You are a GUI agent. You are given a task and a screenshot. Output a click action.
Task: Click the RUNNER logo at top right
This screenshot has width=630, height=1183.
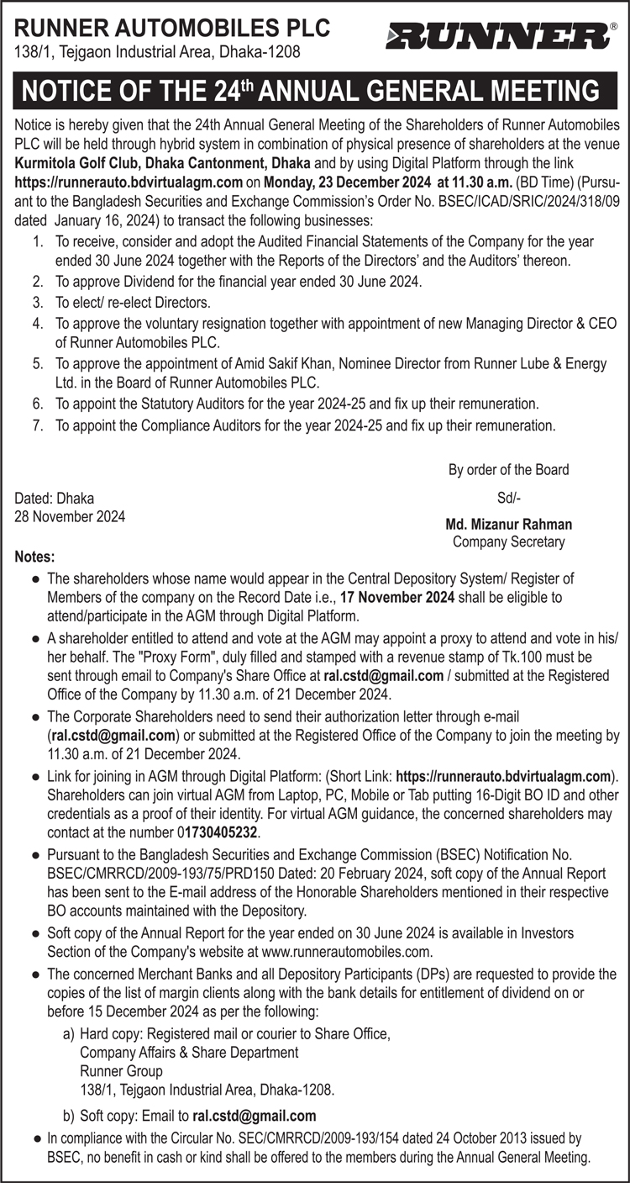coord(499,36)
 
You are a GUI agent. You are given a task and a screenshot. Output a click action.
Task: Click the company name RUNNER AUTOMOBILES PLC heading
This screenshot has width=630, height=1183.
coord(173,29)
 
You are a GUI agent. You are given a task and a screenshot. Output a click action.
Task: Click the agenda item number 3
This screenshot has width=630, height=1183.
coord(38,302)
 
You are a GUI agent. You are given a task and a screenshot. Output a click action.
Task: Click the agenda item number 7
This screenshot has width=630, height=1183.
coord(38,425)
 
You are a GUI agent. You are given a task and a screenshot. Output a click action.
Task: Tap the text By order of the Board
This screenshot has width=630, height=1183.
coord(508,470)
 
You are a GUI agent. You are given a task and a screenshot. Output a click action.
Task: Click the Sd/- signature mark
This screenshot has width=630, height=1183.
coord(509,498)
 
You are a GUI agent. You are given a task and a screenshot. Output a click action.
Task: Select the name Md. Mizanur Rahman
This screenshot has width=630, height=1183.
coord(509,525)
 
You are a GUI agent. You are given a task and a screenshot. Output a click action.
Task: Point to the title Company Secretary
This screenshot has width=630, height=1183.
coord(509,542)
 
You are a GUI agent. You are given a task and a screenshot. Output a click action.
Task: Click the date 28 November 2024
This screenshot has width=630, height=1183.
coord(70,517)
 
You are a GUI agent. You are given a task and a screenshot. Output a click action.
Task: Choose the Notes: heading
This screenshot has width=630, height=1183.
coord(35,557)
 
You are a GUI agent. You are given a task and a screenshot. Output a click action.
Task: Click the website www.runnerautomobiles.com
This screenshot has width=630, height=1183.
coord(346,952)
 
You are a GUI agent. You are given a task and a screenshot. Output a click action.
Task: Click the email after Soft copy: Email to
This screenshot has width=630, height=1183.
coord(255,1116)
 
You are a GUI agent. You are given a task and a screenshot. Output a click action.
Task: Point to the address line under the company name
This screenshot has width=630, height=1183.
coord(158,52)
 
